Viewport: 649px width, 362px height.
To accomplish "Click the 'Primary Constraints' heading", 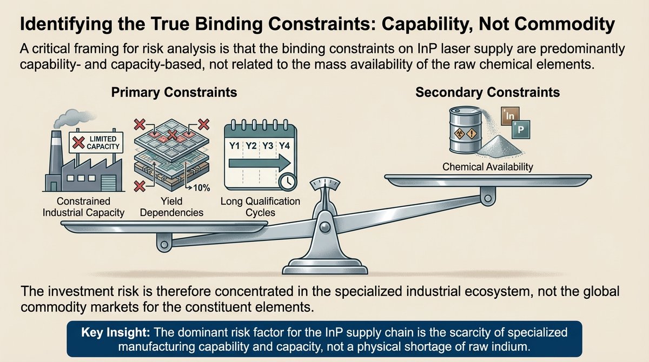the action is pos(174,92).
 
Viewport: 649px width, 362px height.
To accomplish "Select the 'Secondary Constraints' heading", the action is pos(487,92).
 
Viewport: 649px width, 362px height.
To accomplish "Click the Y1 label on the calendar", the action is pos(235,145).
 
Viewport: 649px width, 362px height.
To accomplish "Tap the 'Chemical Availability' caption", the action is pos(487,167).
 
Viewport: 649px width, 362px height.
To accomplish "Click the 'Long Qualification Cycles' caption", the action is pos(260,207).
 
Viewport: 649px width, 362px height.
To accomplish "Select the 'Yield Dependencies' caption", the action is pos(171,207).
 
